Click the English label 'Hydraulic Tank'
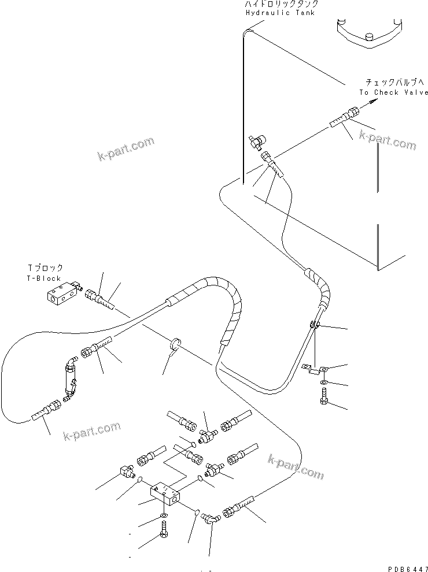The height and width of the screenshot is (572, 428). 280,13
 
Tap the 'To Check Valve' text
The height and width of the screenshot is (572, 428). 393,92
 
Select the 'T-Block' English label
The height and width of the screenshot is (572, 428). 45,278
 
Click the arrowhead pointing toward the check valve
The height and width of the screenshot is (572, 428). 373,102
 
